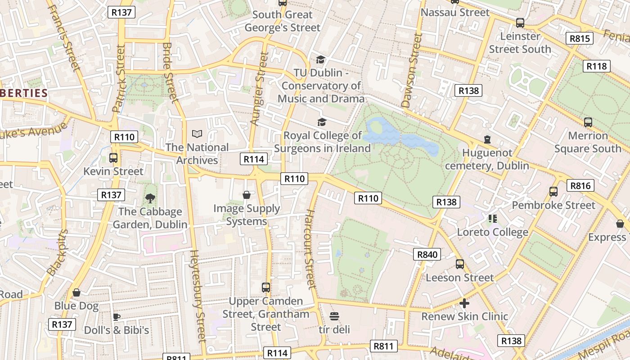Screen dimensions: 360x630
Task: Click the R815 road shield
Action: pyautogui.click(x=580, y=38)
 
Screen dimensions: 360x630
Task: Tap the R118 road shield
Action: pyautogui.click(x=597, y=66)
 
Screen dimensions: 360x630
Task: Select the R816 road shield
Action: pyautogui.click(x=580, y=185)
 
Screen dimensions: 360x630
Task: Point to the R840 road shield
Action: pyautogui.click(x=427, y=254)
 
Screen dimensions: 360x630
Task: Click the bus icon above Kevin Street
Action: pyautogui.click(x=113, y=158)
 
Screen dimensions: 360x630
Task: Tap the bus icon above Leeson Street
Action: pyautogui.click(x=459, y=264)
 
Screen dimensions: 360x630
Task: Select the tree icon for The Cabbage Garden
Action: pyautogui.click(x=150, y=198)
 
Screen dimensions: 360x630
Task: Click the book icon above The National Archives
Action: pyautogui.click(x=197, y=134)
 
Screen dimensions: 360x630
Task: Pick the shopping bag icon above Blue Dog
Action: pyautogui.click(x=76, y=292)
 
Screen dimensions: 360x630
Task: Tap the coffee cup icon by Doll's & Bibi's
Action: pyautogui.click(x=117, y=317)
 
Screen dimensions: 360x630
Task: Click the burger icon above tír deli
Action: pyautogui.click(x=334, y=316)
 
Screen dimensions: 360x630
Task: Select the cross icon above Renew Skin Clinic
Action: pyautogui.click(x=464, y=303)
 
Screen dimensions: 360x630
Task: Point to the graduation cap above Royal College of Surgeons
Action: pyautogui.click(x=322, y=122)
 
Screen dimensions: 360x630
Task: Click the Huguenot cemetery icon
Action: pyautogui.click(x=487, y=139)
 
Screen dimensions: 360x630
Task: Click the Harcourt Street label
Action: pyautogui.click(x=310, y=248)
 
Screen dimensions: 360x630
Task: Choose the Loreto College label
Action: pyautogui.click(x=492, y=232)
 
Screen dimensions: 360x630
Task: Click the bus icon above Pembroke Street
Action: pyautogui.click(x=553, y=192)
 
